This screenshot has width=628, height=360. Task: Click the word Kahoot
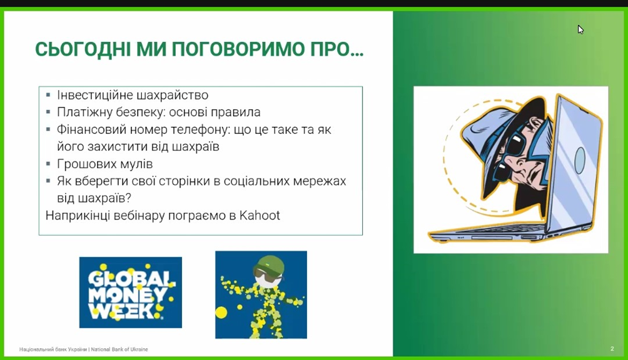260,216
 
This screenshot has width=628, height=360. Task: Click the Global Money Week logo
131,292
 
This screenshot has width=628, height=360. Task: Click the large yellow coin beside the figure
221,312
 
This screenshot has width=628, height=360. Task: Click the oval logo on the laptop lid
580,160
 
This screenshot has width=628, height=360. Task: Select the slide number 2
612,349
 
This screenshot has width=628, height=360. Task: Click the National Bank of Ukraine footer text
84,349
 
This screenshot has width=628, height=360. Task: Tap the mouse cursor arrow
580,29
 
